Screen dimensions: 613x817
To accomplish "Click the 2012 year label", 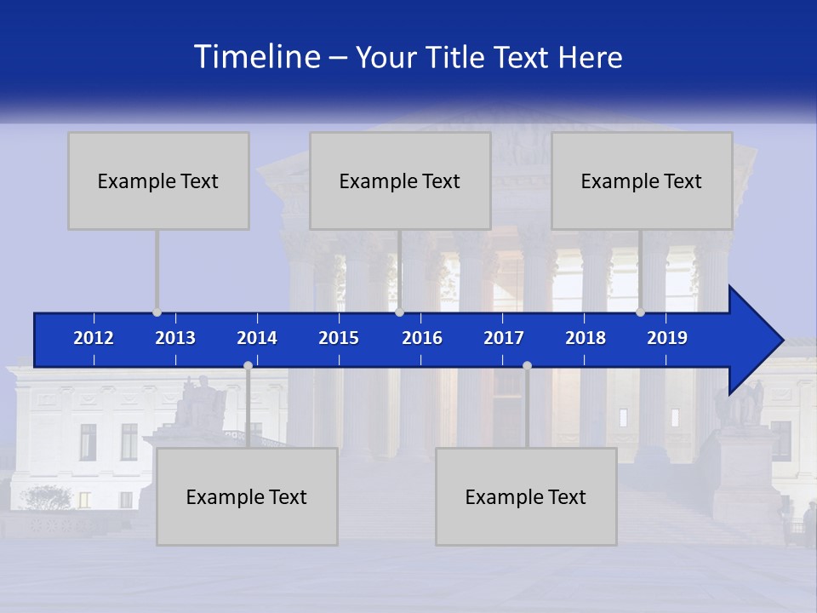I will click(x=94, y=338).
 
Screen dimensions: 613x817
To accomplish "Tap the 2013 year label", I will click(x=175, y=338).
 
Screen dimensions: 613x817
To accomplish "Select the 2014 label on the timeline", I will click(x=257, y=338).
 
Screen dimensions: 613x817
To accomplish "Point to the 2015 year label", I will click(x=339, y=338).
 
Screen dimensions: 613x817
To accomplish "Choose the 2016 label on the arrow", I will click(x=422, y=338).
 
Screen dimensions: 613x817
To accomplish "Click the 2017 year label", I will click(x=504, y=338).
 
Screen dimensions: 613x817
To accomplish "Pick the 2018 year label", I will click(x=586, y=338).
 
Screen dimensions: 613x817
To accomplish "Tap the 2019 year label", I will click(x=667, y=338).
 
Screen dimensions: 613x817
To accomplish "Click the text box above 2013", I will click(x=158, y=180).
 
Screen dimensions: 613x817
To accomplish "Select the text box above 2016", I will click(x=400, y=180).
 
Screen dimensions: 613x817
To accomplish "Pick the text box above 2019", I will click(x=642, y=180).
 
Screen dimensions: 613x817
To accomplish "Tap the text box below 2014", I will click(x=247, y=496).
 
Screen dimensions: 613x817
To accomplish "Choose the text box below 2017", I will click(x=526, y=496).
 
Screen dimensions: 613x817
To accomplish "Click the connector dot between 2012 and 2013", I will click(x=157, y=312).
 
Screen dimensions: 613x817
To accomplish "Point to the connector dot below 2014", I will click(x=248, y=366).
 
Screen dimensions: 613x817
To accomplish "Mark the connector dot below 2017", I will click(x=527, y=366).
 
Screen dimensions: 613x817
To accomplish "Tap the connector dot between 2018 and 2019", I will click(x=640, y=312).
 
